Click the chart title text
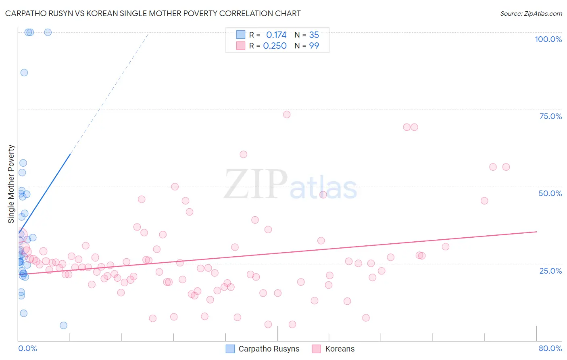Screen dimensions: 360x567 point(153,13)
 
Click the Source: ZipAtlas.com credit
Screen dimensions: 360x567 point(531,13)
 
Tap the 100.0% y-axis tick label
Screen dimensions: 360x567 point(548,39)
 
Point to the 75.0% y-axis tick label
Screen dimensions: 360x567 point(550,116)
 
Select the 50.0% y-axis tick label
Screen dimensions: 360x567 point(550,193)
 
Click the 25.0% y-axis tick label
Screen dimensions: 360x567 point(550,270)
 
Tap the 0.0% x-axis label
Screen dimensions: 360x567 point(27,348)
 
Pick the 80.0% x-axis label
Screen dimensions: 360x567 point(550,348)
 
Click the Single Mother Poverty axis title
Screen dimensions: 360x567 point(11,184)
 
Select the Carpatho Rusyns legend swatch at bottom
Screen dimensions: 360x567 point(230,349)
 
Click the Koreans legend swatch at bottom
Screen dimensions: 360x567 point(317,349)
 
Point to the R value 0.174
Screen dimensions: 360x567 point(276,35)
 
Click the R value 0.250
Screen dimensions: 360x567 point(275,46)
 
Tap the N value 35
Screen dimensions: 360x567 point(314,35)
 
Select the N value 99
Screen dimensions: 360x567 point(314,46)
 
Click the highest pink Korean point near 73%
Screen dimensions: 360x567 point(287,115)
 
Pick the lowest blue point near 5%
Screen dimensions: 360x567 point(63,325)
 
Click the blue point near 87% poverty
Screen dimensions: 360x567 point(24,73)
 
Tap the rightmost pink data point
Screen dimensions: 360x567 point(506,167)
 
